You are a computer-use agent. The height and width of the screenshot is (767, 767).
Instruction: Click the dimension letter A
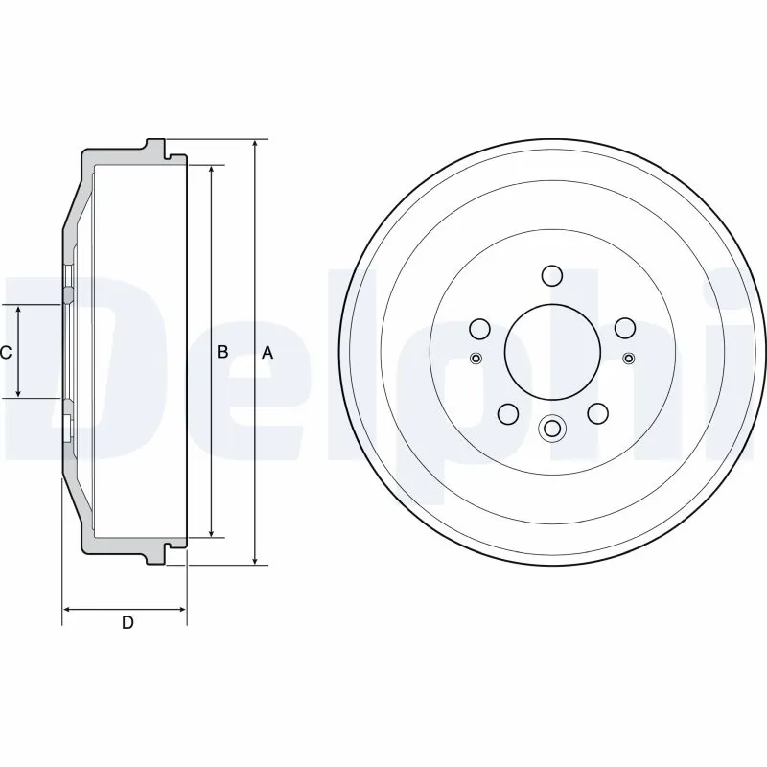click(x=267, y=353)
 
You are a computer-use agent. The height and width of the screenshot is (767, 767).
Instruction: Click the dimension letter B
click(x=221, y=352)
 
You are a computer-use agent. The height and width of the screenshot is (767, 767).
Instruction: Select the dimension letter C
click(x=6, y=353)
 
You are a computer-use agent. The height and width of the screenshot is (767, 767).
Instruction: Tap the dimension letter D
click(x=127, y=624)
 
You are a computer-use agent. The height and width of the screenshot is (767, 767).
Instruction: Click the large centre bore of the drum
click(x=551, y=352)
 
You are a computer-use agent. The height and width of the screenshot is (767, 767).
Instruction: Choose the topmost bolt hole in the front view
click(x=551, y=276)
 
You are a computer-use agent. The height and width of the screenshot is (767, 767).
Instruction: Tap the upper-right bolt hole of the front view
click(x=624, y=329)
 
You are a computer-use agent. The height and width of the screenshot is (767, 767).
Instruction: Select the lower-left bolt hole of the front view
click(x=507, y=414)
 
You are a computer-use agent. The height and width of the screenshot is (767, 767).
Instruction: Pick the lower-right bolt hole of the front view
click(x=596, y=413)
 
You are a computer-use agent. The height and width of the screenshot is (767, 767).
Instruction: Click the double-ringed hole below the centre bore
click(x=551, y=429)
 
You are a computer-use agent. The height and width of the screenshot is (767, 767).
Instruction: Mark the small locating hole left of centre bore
click(x=476, y=359)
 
